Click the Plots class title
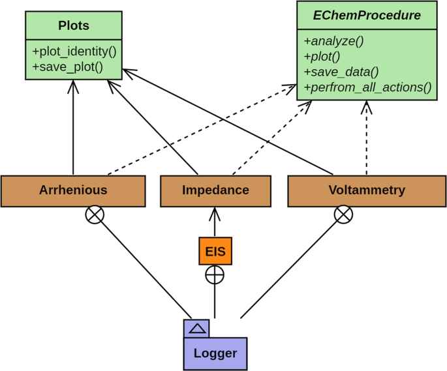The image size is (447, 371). (x=74, y=26)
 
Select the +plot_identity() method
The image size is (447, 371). (x=74, y=51)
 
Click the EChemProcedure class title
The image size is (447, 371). (x=367, y=15)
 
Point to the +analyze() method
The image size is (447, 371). (x=333, y=40)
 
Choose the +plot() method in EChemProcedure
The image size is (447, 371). (x=322, y=56)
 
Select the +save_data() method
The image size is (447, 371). (x=341, y=72)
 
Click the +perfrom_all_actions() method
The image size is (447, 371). (x=367, y=87)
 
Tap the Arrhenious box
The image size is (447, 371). (x=73, y=190)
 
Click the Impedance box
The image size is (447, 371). (x=215, y=190)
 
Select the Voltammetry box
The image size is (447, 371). (x=367, y=190)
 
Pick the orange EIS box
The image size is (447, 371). (x=215, y=251)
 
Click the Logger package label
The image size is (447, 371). (x=215, y=353)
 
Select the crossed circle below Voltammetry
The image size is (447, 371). (x=343, y=215)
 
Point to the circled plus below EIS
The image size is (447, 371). (x=215, y=275)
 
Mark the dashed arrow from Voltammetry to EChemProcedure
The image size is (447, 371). (x=367, y=137)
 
